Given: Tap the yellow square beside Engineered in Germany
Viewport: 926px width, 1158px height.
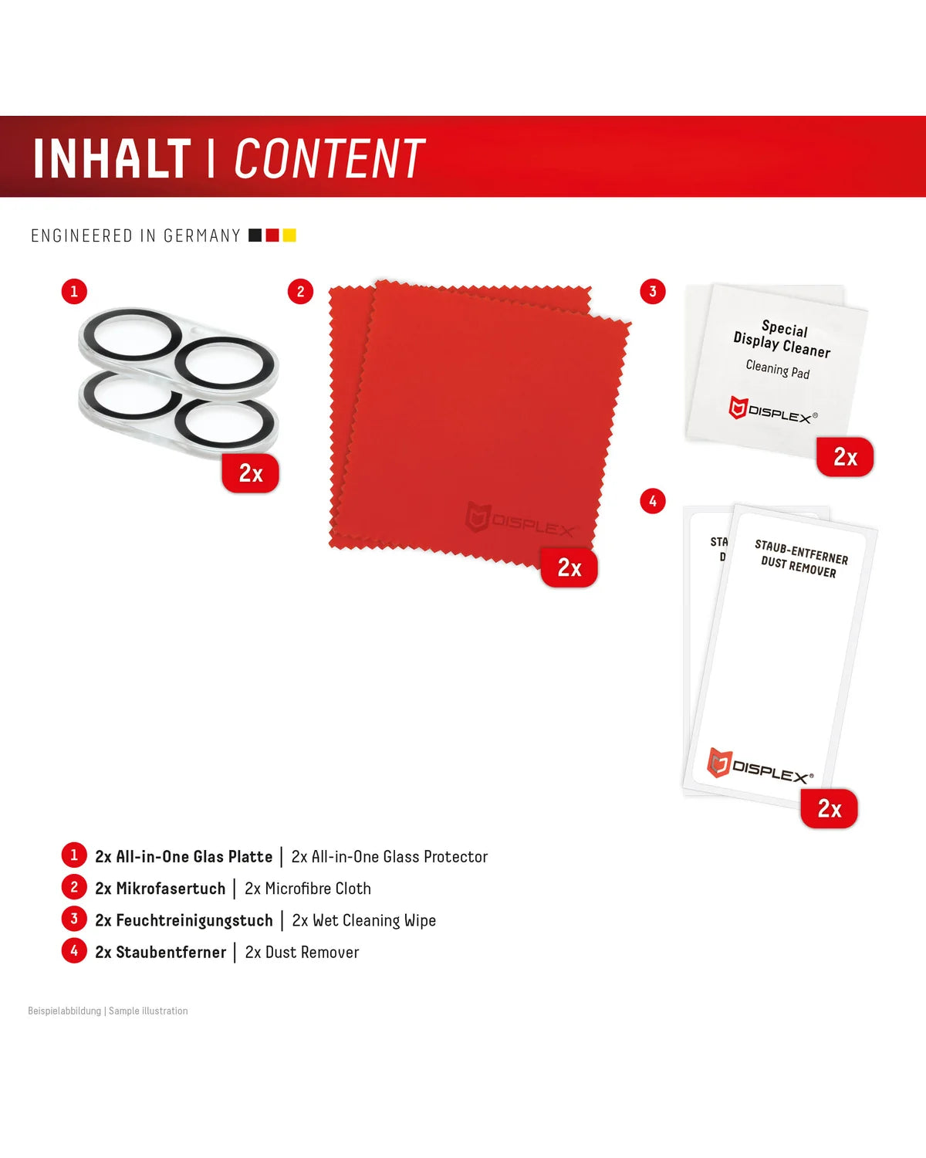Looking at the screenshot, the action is coord(289,235).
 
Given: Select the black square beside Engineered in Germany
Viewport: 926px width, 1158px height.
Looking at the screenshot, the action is coord(255,235).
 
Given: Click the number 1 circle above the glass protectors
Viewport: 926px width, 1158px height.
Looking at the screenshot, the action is coord(74,292).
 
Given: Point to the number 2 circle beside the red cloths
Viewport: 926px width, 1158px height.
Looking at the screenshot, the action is coord(300,292).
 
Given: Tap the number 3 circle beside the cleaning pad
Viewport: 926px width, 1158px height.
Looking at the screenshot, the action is coord(653,292).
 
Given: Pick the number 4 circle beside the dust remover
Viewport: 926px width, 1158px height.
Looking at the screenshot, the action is coord(653,502).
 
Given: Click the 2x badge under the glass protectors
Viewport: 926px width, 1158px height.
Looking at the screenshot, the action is coord(251,473).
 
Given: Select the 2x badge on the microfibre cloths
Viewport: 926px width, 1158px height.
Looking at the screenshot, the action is coord(569,567).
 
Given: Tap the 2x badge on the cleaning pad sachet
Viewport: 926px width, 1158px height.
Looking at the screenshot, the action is coord(845,457).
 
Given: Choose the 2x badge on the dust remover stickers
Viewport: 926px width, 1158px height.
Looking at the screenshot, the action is coord(829,808).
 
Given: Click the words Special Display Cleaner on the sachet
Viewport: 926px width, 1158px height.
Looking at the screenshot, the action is coord(782,339).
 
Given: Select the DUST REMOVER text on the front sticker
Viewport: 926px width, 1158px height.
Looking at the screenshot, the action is coord(799,567).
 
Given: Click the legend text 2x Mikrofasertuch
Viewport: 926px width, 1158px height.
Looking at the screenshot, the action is coord(161,889).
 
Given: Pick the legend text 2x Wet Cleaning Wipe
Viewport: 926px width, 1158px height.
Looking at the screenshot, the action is coord(363,920).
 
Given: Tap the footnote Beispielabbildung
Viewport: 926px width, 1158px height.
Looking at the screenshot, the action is coord(65,1011).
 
